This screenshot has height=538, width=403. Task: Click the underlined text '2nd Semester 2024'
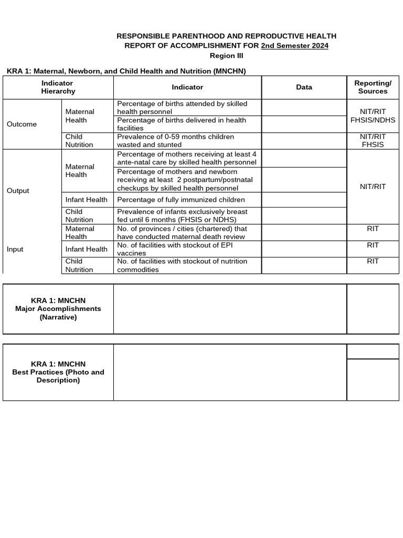coord(294,46)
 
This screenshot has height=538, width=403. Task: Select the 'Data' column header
coord(304,87)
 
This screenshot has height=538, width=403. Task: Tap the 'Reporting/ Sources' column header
coord(373,87)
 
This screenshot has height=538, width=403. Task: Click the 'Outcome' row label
coord(22,124)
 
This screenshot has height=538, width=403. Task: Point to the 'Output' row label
coord(18,191)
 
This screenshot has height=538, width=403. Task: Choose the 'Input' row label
coord(15,249)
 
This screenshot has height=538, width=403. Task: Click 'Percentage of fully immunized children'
coord(181,200)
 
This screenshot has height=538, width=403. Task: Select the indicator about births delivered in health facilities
coord(182,124)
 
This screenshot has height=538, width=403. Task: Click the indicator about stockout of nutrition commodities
coord(182,265)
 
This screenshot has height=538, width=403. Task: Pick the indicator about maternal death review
coord(182,233)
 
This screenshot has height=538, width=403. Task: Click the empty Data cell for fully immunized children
coord(304,200)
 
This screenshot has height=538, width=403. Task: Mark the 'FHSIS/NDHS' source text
coord(373,120)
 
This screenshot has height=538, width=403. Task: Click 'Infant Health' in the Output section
coord(86,200)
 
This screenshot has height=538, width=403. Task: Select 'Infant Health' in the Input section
coord(86,249)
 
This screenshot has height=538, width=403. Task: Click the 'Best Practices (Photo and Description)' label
coord(58,372)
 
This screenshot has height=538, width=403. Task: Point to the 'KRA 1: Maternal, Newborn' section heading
coord(126,70)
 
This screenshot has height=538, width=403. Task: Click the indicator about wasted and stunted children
coord(176,140)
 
